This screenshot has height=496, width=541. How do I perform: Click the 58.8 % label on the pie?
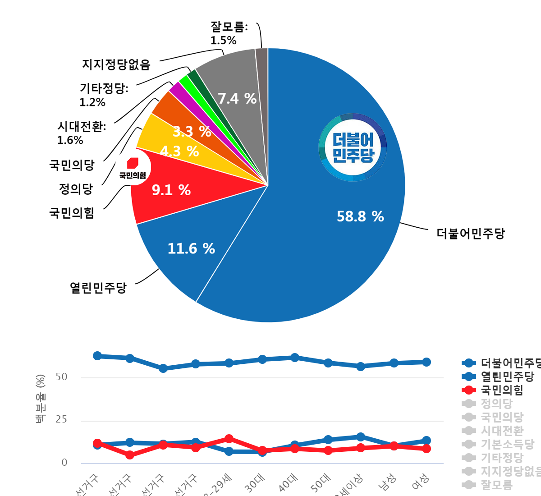coord(360,217)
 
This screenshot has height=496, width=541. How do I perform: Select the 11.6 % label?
coord(191,248)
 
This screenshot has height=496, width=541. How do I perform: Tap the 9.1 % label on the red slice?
coord(171,190)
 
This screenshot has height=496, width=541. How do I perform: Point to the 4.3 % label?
coord(179,152)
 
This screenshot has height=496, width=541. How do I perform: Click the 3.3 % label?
coord(192,132)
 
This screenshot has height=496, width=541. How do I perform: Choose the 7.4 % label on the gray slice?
coord(237,98)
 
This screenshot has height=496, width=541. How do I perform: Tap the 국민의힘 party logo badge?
coord(132,167)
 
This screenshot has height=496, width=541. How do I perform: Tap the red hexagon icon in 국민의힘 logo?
coord(133,162)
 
